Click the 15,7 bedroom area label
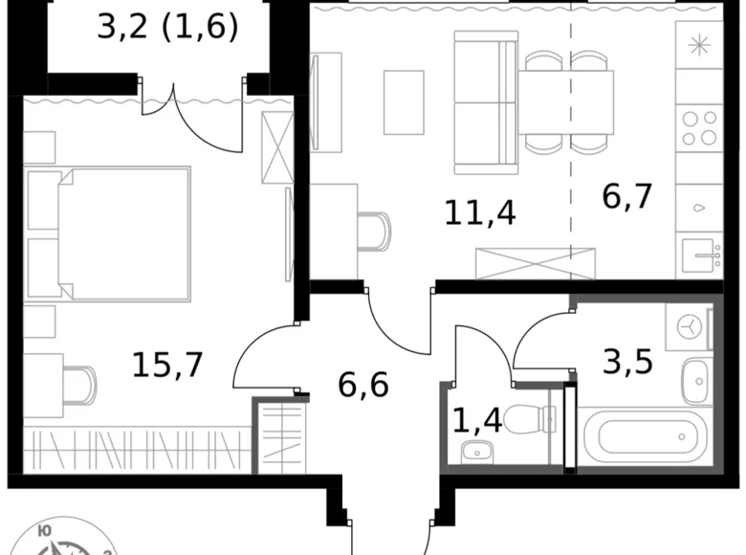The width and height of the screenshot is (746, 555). [167, 364]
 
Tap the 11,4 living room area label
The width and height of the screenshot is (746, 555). [480, 211]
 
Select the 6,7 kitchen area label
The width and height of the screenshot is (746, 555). [626, 196]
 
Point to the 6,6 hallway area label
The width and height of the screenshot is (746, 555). [363, 386]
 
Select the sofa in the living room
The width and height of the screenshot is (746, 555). [486, 99]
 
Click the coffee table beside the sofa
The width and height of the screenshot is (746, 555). [404, 101]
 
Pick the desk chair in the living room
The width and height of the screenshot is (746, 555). [376, 231]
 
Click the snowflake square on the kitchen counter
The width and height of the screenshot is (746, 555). [698, 44]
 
